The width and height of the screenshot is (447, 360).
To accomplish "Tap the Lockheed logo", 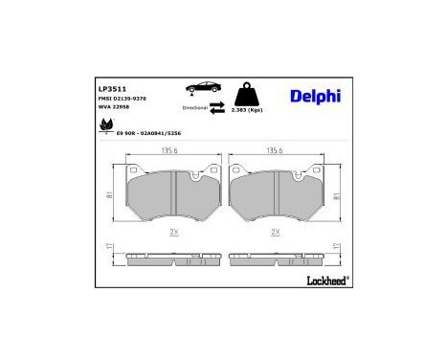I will point(328,280).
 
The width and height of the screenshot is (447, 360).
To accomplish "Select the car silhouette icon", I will point(204,89).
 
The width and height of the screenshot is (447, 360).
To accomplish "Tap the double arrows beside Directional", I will point(217,109).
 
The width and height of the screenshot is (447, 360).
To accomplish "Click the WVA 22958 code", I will point(117,108).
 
